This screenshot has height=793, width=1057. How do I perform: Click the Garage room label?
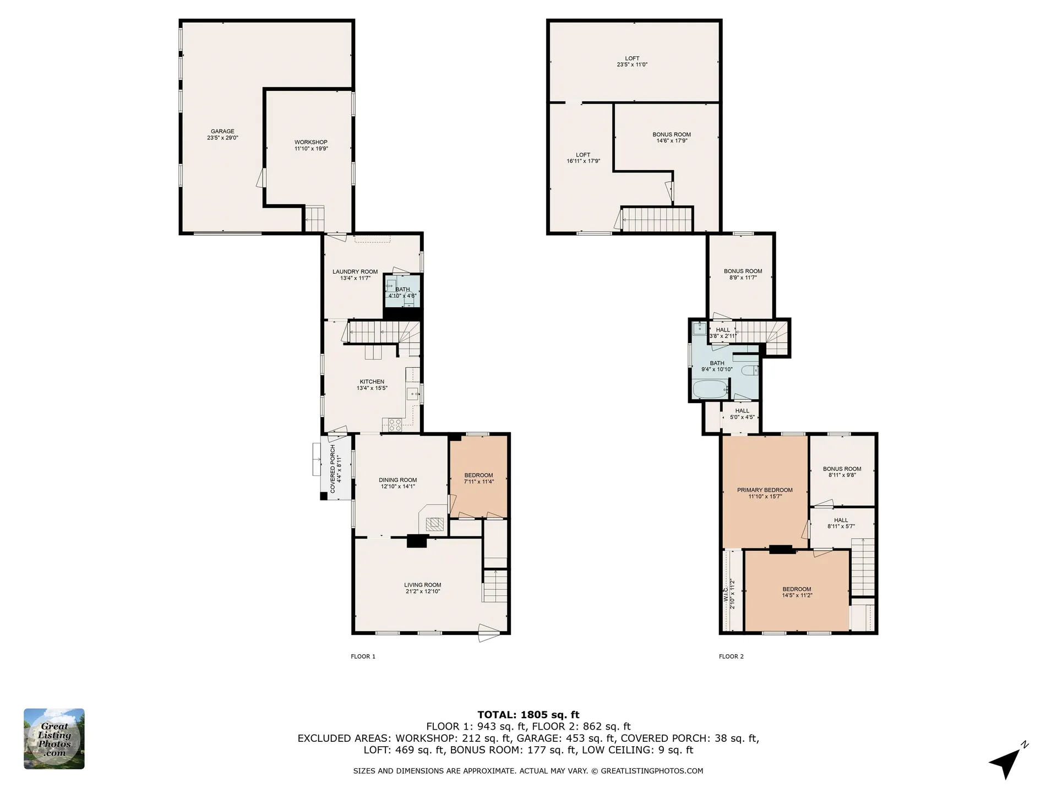point(222,134)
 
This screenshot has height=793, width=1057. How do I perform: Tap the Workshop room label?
point(311,145)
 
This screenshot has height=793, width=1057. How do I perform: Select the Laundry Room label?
point(355,275)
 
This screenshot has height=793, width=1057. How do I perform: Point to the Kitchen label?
point(372,385)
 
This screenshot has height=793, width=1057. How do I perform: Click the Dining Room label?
point(398,483)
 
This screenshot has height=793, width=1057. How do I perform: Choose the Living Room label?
point(423,588)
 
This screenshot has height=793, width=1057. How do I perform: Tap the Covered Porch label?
point(336,469)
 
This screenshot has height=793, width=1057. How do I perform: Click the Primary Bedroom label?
point(765,493)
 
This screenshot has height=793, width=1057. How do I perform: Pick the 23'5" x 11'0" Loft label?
point(632,61)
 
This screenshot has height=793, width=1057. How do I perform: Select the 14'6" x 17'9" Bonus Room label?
point(672,137)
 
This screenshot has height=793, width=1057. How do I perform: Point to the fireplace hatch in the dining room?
point(435,524)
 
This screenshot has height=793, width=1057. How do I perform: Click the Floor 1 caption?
point(363,656)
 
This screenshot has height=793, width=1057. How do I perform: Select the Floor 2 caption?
point(731,656)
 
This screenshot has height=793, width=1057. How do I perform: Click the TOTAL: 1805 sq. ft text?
point(528,715)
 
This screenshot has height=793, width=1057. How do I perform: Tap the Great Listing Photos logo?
point(54,738)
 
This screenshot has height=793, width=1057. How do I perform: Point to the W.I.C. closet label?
point(729,594)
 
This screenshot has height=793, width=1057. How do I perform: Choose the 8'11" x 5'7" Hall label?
point(841,523)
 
